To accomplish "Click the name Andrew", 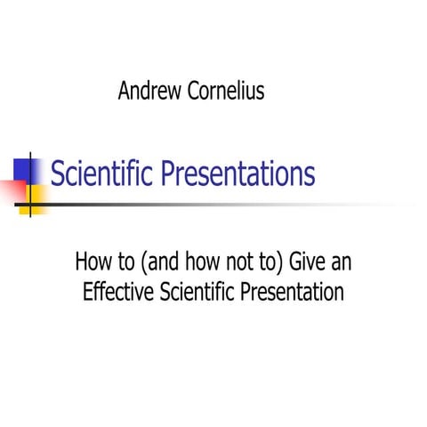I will (x=149, y=92).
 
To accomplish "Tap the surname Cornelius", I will (x=227, y=92).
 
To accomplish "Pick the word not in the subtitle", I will (x=231, y=264).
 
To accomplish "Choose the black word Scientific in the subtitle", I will (x=205, y=292).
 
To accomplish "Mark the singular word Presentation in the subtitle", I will (x=296, y=292).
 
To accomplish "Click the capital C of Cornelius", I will (x=196, y=92).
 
